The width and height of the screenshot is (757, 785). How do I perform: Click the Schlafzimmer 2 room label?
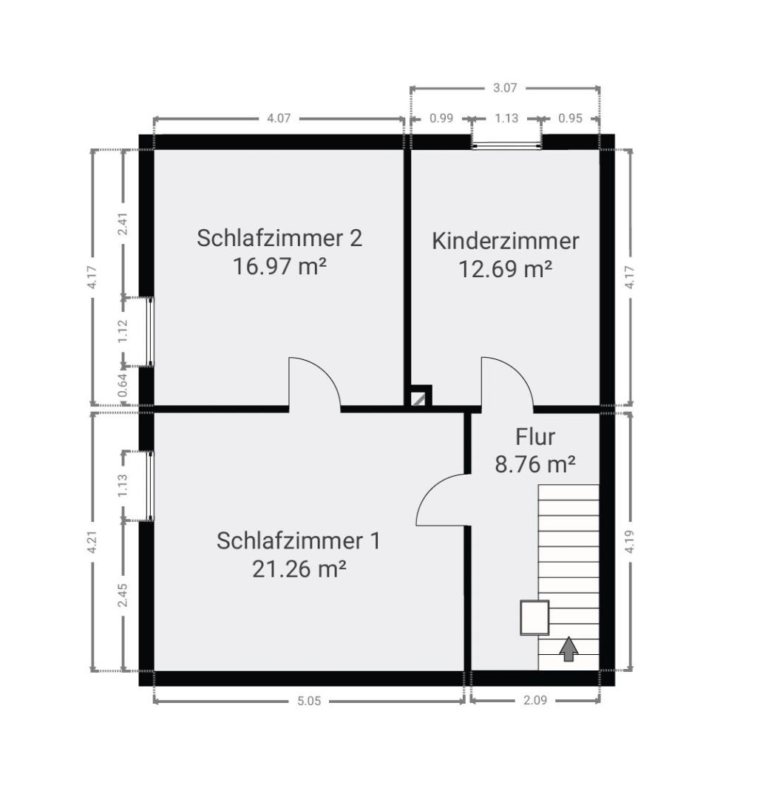pos(279,238)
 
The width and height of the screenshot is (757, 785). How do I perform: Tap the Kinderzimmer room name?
pos(505,241)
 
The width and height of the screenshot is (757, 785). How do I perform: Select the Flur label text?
pos(535,437)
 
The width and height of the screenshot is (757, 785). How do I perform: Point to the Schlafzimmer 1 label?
pos(299,540)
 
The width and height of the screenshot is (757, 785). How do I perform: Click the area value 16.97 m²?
pos(279,266)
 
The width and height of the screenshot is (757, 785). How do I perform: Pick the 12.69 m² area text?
pos(505,269)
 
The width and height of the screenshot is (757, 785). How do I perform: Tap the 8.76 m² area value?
pos(535,465)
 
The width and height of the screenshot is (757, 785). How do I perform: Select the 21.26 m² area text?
pos(299,568)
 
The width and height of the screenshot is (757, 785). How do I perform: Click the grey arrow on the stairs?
pos(568,649)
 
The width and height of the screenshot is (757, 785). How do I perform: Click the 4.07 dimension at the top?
pos(279,119)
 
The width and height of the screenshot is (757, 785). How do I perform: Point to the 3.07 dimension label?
pos(505,88)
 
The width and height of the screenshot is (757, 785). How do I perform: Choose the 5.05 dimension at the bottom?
pos(309,701)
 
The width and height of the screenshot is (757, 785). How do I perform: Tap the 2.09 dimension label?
pos(535,700)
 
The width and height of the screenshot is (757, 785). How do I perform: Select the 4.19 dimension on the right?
pos(629,542)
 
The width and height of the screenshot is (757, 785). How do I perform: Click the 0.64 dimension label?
pos(123,385)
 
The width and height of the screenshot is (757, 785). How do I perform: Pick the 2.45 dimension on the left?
pos(123,595)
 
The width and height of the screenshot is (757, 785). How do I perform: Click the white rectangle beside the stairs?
pos(534,618)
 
